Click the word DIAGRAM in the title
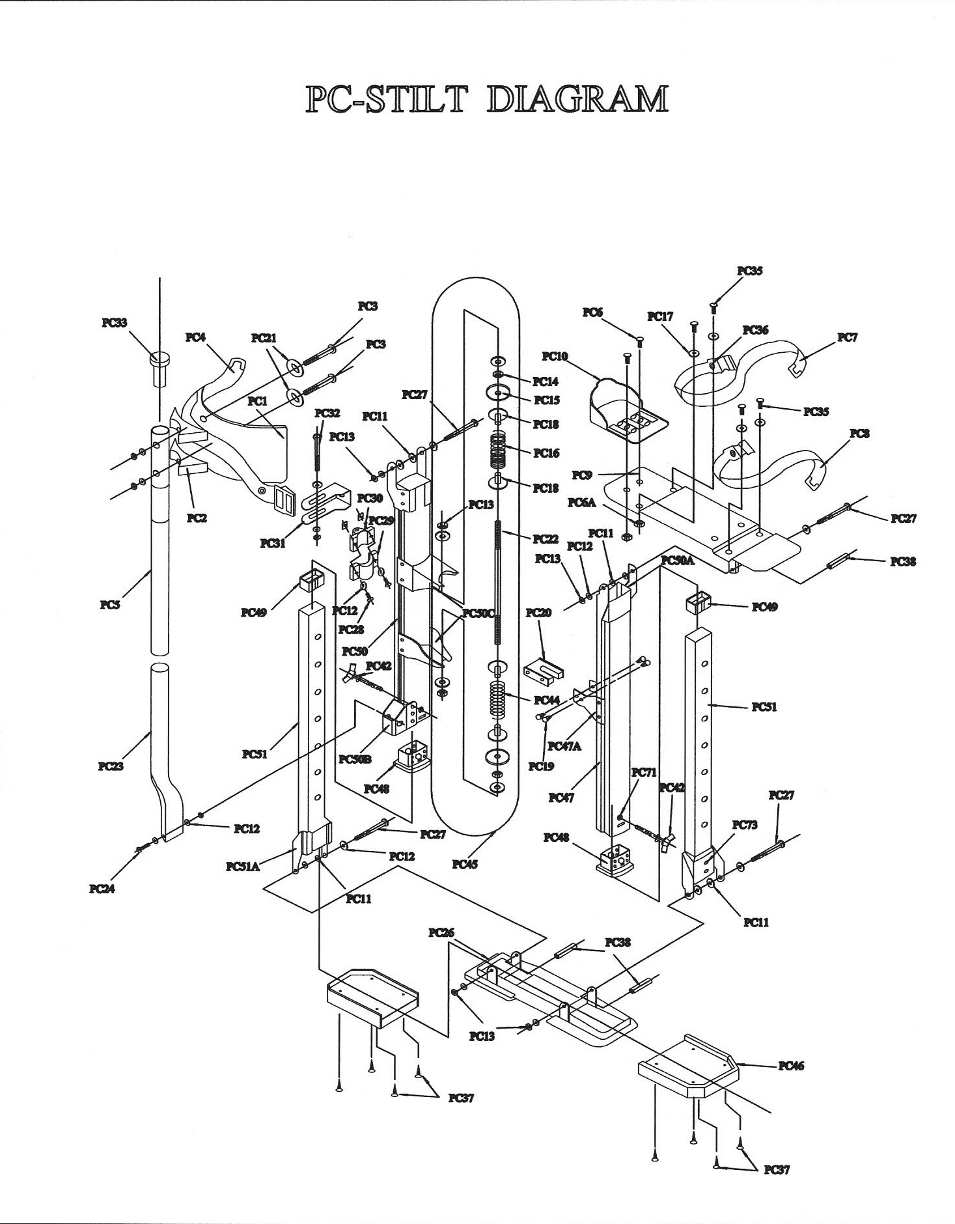(577, 100)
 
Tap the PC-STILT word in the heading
(387, 100)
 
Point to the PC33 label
(115, 322)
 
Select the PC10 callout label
(555, 356)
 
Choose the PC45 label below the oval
(465, 865)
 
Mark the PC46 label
(791, 1066)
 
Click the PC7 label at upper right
(847, 337)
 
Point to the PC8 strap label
(859, 434)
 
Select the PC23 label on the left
(111, 766)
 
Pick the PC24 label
(102, 889)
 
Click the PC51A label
(243, 867)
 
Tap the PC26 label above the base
(441, 933)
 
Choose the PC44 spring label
(546, 701)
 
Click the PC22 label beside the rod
(546, 539)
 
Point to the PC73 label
(745, 825)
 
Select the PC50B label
(356, 759)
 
